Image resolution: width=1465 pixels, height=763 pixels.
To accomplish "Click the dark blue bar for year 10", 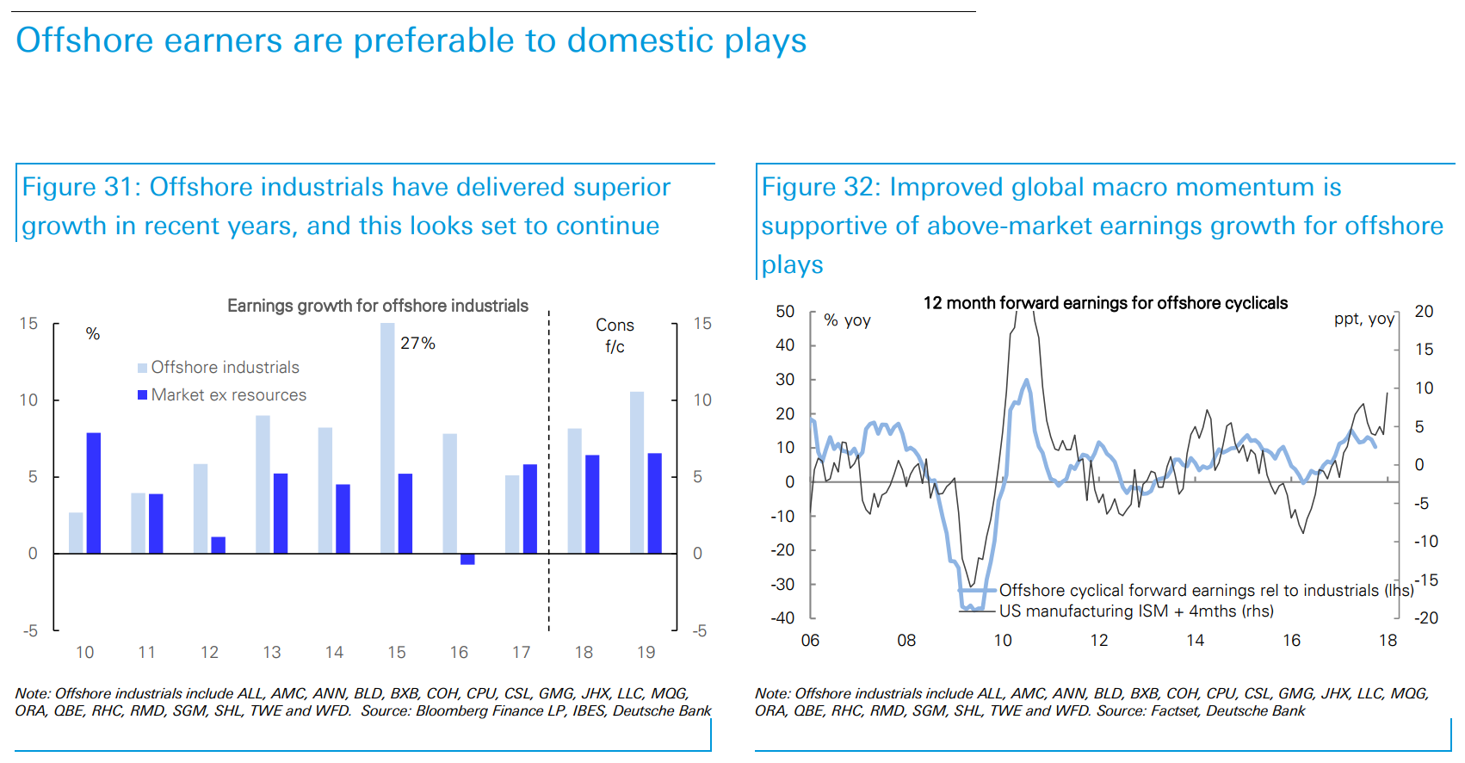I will [94, 493].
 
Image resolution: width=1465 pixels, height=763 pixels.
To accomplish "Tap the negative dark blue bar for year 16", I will [467, 559].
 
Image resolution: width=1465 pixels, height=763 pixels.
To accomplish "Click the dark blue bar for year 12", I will [219, 545].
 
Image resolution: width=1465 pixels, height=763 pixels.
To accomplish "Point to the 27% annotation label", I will [417, 344].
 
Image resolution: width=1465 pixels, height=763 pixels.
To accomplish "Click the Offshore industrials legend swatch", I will [142, 369].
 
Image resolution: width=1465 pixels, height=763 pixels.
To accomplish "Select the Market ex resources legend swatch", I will [142, 395].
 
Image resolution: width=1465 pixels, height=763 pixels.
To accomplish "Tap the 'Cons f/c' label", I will [615, 336].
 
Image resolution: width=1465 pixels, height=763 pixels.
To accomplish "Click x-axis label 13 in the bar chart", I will [272, 653].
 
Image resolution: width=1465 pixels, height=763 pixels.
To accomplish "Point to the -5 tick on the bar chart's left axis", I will [30, 631].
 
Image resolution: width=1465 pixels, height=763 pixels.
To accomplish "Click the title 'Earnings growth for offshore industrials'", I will [377, 306].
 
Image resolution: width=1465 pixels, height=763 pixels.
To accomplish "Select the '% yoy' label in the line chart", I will [847, 320].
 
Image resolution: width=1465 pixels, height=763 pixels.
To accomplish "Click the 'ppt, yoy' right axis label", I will [1363, 319].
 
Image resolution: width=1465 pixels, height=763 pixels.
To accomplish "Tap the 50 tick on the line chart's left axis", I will [785, 311].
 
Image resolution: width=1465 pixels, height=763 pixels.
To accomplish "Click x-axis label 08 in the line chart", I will [906, 641].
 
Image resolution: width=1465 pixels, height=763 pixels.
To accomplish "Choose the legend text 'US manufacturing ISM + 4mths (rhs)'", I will [1136, 611].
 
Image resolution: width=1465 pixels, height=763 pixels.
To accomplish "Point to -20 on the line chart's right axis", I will [1425, 617].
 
